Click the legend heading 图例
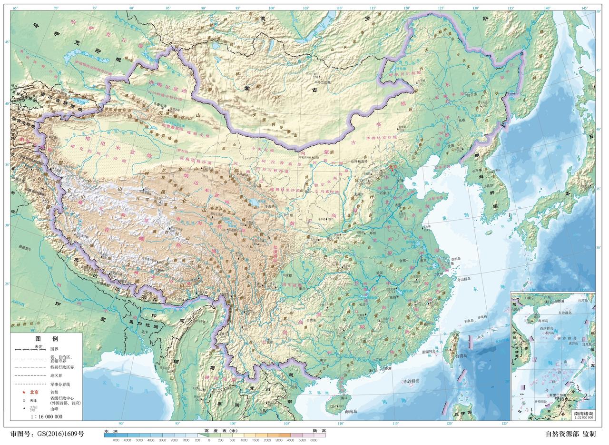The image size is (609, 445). [x=46, y=339]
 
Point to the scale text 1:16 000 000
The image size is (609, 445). [x=46, y=416]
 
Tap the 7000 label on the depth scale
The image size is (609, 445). [x=115, y=440]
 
